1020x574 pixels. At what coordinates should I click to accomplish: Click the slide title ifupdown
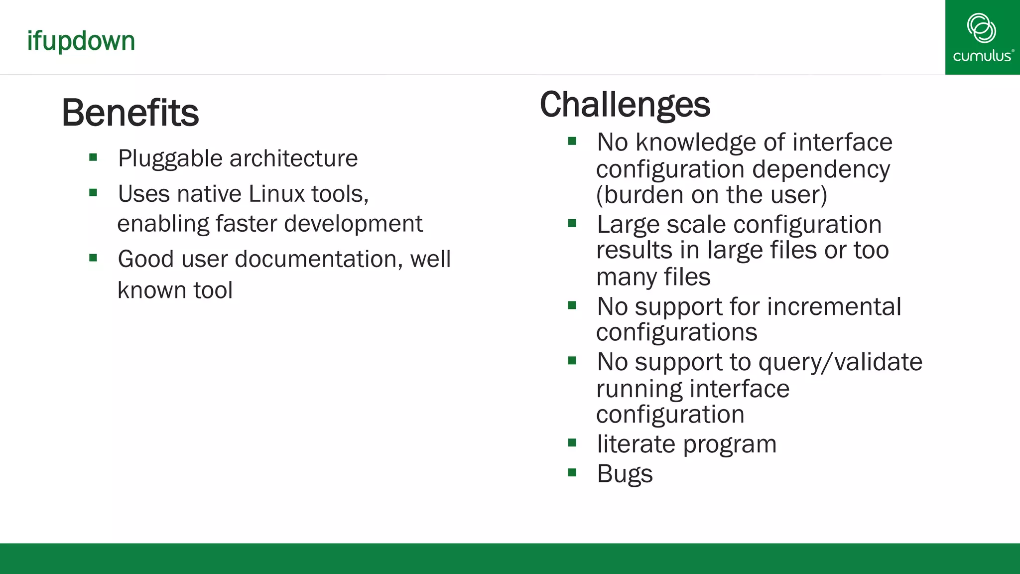pos(81,41)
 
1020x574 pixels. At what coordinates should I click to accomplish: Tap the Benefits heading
pos(130,113)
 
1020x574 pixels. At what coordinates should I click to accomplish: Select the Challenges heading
pos(625,105)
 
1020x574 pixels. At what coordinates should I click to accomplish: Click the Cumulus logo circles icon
pos(981,28)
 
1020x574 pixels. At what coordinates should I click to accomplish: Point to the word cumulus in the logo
pos(982,56)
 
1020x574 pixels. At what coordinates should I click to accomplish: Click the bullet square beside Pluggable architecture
pos(93,158)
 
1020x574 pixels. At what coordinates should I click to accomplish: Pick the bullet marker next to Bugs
pos(572,472)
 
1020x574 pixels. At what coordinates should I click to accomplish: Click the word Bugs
pos(625,474)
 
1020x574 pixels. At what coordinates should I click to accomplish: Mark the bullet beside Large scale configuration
pos(572,224)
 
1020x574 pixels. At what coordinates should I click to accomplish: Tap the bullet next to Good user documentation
pos(93,258)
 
